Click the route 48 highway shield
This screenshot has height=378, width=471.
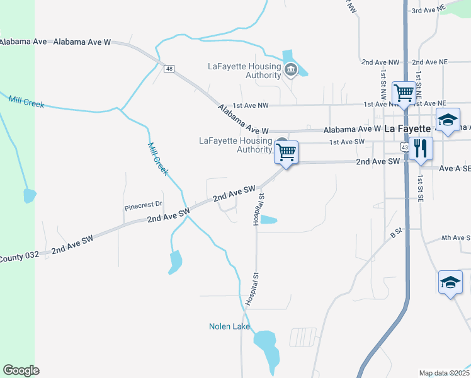coord(169,69)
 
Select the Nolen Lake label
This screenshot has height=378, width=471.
coord(229,326)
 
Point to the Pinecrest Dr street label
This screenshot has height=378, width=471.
coord(143,205)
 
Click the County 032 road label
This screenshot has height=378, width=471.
coord(20,257)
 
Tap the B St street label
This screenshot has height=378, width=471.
coord(395,234)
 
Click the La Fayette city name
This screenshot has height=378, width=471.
coord(403,127)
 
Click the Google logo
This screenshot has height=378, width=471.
coord(21,370)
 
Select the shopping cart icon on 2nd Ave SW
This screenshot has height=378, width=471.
coord(287,152)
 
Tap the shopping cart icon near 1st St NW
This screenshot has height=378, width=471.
coord(404,93)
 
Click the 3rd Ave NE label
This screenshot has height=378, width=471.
coord(429,11)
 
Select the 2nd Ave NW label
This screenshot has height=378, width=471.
coord(380,62)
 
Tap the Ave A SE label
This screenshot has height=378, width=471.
coord(455,168)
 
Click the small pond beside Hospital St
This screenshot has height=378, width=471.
coord(268,220)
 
